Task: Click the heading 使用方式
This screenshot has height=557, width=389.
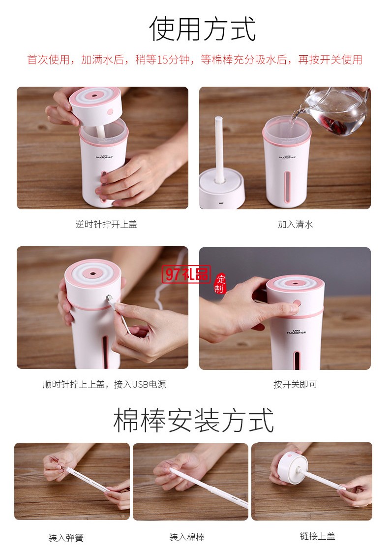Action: pos(203,29)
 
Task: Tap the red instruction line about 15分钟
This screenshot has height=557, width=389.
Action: pos(195,60)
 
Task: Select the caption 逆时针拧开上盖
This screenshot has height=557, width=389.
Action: pos(106,224)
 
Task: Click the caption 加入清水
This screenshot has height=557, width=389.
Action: pos(295,224)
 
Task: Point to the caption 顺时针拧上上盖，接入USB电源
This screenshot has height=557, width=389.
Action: pos(104,384)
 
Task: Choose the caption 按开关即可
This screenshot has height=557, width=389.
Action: pos(295,384)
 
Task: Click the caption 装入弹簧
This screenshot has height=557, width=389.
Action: pos(66,538)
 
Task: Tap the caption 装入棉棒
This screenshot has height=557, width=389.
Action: pos(187,537)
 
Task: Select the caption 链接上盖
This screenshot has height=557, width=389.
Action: pos(318,536)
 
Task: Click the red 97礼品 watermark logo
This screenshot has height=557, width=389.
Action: pos(187,274)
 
